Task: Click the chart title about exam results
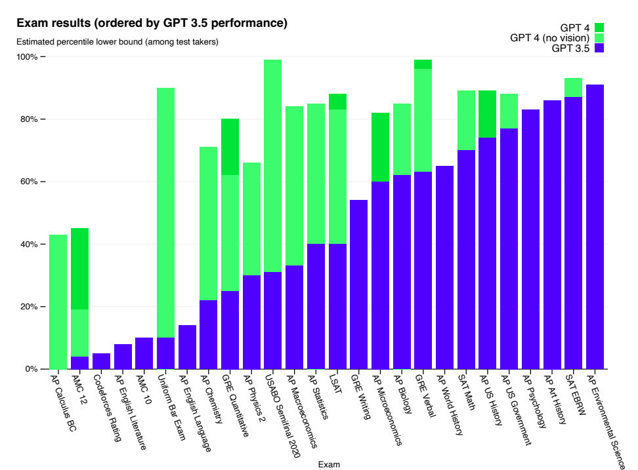point(152,24)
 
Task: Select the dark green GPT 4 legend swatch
point(599,28)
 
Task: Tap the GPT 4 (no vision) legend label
point(550,37)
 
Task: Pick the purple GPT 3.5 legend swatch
point(599,48)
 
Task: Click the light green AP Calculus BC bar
point(58,302)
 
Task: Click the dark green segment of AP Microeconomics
point(380,147)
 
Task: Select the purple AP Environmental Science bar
point(595,227)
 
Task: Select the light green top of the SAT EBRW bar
point(573,88)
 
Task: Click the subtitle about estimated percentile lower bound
point(117,42)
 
